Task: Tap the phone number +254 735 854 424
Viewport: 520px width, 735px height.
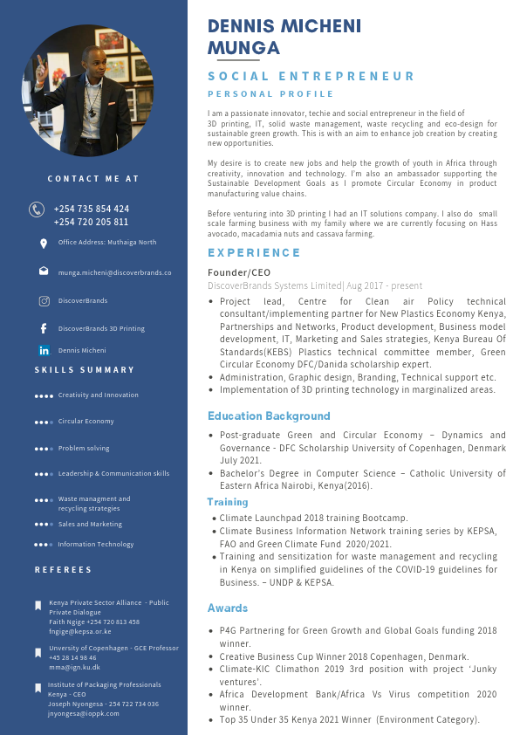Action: coord(92,209)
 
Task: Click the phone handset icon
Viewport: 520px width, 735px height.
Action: coord(37,210)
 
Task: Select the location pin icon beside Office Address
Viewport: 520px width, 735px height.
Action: coord(44,243)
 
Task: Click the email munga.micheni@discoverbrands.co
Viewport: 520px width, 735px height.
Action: coord(114,272)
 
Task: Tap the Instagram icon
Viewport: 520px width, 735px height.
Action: coord(44,301)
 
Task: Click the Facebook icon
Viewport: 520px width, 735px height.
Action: coord(44,329)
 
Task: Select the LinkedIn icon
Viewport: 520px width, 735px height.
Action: coord(44,350)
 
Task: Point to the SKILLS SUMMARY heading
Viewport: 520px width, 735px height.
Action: coord(85,370)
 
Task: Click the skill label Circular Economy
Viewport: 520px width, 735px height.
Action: coord(86,421)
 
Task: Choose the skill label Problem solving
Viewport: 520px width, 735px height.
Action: coord(84,448)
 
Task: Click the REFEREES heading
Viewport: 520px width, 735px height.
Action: coord(63,570)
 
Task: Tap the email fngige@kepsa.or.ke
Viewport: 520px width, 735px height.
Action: coord(79,630)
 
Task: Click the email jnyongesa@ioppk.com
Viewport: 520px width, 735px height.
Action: coord(84,713)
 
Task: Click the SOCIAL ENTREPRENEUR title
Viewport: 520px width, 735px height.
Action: coord(311,77)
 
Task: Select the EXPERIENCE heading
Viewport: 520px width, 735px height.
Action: coord(254,252)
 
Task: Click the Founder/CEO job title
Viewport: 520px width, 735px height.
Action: coord(239,272)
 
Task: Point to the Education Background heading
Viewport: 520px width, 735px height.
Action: coord(269,416)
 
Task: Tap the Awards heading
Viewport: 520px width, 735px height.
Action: coord(228,608)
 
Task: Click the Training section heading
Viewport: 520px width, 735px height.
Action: coord(228,502)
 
